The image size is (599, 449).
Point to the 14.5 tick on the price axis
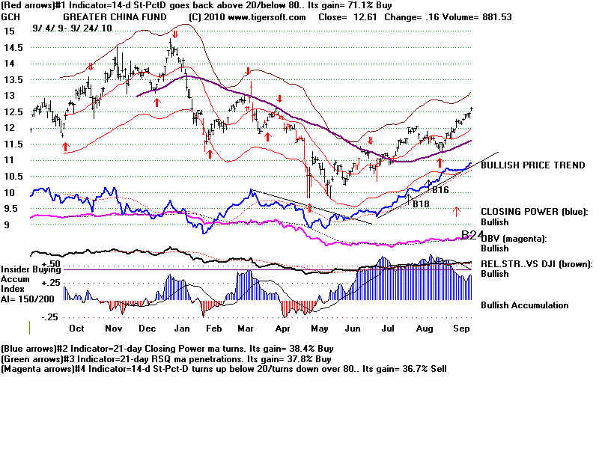[13, 47]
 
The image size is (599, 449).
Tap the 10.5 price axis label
[13, 176]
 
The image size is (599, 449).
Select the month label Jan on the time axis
[180, 328]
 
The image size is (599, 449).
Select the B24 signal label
[472, 235]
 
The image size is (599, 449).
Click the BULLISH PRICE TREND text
[533, 165]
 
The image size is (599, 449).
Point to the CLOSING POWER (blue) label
[535, 212]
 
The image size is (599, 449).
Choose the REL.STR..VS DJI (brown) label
[536, 263]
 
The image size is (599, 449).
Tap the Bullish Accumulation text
[524, 305]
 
